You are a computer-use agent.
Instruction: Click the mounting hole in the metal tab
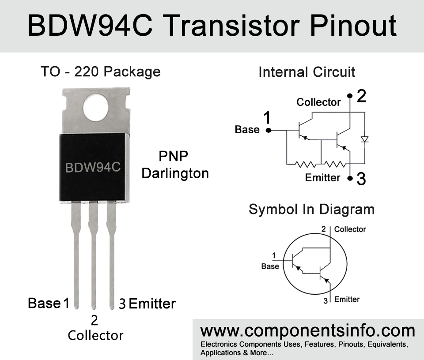[x=96, y=108]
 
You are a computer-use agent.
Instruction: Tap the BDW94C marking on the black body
[x=93, y=168]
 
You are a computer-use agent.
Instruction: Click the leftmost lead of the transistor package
[x=76, y=255]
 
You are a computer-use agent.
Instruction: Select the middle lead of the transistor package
[x=94, y=255]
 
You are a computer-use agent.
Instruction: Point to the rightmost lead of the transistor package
[x=111, y=255]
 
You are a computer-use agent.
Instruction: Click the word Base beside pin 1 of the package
[x=44, y=303]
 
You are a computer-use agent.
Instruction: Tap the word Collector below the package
[x=95, y=335]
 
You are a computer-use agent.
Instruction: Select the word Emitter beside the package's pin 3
[x=152, y=304]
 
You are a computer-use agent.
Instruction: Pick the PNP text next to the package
[x=173, y=156]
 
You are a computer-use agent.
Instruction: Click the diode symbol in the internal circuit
[x=365, y=139]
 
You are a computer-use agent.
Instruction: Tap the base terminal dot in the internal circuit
[x=269, y=130]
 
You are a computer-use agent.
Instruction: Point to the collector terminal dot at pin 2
[x=350, y=96]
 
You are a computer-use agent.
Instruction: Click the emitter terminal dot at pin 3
[x=350, y=178]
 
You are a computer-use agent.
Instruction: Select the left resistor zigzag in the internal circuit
[x=305, y=164]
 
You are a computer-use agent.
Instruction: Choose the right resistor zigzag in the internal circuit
[x=335, y=164]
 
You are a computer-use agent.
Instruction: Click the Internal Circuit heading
[x=307, y=72]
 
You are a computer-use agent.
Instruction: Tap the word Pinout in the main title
[x=353, y=26]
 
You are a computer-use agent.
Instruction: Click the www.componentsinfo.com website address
[x=308, y=331]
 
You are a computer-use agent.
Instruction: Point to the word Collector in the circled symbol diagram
[x=350, y=229]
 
